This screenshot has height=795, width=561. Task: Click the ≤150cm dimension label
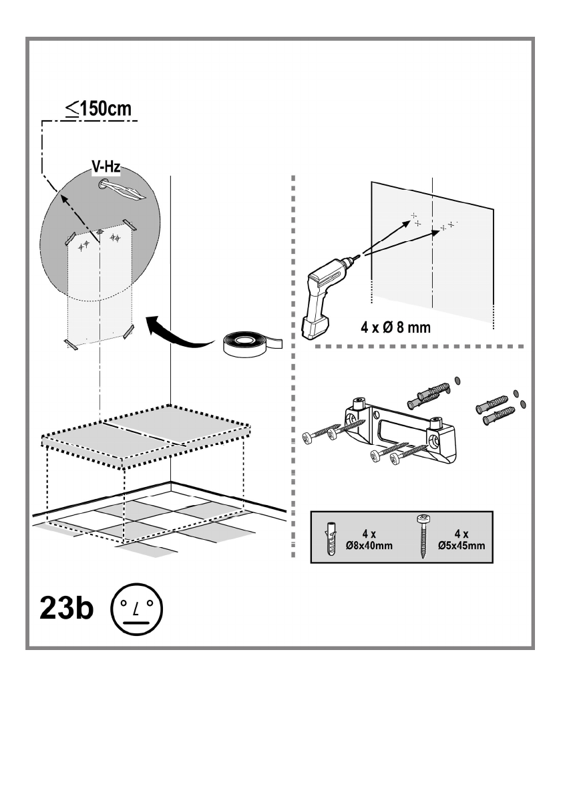tap(98, 108)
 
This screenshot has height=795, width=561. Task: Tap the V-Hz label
tap(106, 166)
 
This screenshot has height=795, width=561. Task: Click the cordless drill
tap(327, 296)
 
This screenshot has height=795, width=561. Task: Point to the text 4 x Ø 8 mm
tap(396, 327)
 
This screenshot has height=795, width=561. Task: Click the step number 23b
tap(66, 608)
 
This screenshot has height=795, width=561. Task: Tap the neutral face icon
tap(136, 609)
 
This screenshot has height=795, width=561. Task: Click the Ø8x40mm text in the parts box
tap(369, 546)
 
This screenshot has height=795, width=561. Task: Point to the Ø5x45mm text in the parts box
tap(461, 546)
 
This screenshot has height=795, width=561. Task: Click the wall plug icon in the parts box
tap(331, 538)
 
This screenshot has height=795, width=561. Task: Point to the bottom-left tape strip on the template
tap(71, 345)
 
